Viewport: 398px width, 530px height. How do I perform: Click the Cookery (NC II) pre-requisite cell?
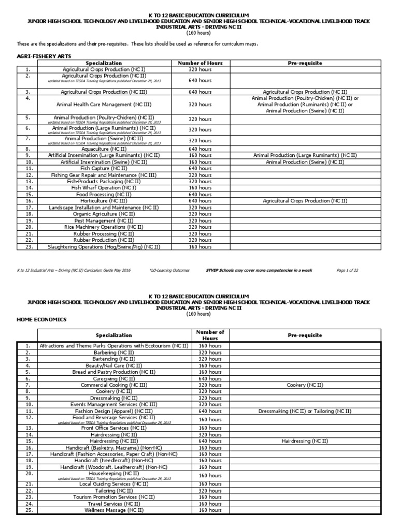coord(305,385)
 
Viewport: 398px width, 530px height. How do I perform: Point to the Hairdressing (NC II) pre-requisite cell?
coord(305,441)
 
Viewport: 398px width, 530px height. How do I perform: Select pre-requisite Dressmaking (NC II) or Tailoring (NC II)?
coord(305,411)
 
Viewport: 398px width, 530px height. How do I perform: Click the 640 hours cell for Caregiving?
coord(210,378)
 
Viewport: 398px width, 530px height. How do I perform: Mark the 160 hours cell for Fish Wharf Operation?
coord(200,188)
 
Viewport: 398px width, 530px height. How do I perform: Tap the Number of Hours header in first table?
coord(200,63)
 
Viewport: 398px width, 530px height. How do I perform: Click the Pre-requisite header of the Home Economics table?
coord(305,335)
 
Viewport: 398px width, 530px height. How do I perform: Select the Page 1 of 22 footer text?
coord(351,270)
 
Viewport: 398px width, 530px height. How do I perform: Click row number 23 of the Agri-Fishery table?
coord(28,247)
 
